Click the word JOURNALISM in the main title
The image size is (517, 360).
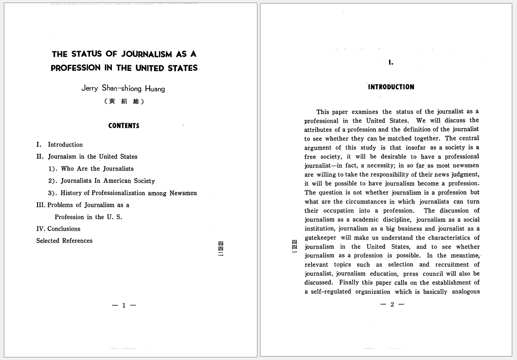147,54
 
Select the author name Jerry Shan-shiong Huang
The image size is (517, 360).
123,89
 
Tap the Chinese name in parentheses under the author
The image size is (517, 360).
124,102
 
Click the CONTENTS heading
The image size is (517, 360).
124,126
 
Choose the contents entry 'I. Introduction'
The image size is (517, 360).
60,145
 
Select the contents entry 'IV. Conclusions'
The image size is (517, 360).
58,229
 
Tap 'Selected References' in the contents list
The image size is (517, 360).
64,241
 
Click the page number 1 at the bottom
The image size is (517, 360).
124,306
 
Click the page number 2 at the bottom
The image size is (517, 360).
392,304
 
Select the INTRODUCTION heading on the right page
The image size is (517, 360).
391,87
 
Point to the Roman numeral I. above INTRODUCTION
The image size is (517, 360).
390,63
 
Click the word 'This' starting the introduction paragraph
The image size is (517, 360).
323,112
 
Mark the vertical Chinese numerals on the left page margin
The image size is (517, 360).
221,248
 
